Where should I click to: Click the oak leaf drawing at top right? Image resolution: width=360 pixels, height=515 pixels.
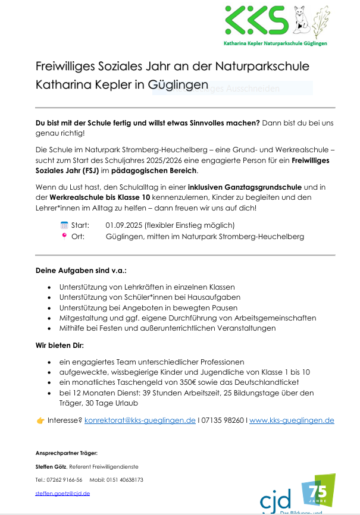tap(320, 22)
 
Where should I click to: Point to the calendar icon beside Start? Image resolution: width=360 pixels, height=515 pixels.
tap(64, 225)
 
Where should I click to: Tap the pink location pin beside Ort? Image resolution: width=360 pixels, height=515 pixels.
tap(64, 235)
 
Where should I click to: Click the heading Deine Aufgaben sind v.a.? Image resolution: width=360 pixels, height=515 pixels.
tap(81, 270)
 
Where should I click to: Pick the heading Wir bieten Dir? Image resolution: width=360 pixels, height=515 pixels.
tap(60, 345)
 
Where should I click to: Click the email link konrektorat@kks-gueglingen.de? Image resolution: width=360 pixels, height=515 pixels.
tap(140, 420)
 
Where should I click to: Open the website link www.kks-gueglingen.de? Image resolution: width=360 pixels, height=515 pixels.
tap(292, 420)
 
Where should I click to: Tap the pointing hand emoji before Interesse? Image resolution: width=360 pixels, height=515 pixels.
tap(40, 420)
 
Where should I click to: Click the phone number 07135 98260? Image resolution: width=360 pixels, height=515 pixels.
tap(223, 420)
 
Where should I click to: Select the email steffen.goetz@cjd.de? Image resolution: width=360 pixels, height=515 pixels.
tap(62, 493)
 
